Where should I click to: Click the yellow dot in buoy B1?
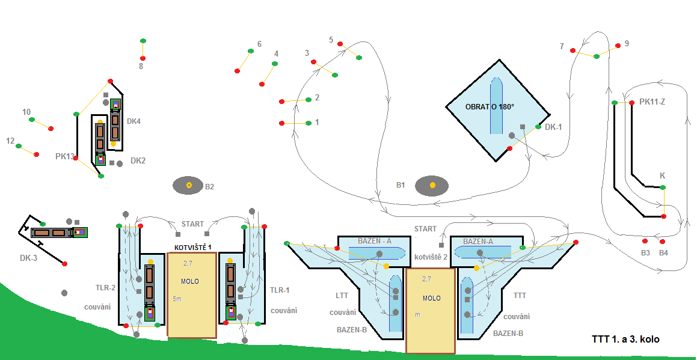pos(432,185)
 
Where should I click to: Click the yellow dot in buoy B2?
pos(189,185)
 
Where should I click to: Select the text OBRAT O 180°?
pos(490,107)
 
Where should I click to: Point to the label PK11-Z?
pos(652,102)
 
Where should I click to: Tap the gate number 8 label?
pos(141,66)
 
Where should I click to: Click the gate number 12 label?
pos(10,141)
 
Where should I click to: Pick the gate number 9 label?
pos(627,44)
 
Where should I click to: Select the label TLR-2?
pos(105,288)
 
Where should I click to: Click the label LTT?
pos(342,296)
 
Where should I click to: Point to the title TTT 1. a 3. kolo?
pos(625,340)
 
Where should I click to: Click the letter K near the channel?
pos(663,175)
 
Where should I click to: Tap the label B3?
pos(645,252)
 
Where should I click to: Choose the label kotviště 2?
pos(431,257)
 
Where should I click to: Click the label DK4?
pos(134,121)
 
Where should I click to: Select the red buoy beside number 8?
pos(143,58)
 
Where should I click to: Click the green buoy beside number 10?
pos(32,120)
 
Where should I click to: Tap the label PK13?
pos(65,156)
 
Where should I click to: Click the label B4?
pos(663,252)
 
